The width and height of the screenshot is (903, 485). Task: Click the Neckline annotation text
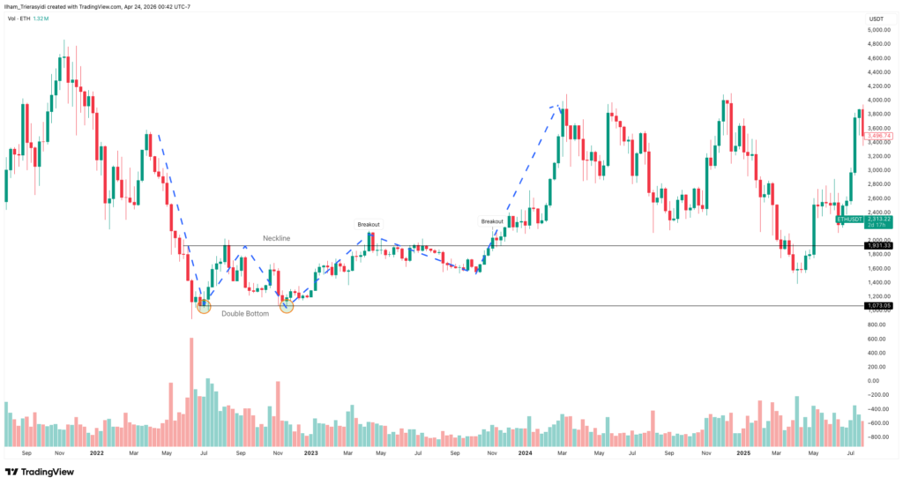point(277,238)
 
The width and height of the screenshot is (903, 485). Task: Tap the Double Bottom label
point(243,313)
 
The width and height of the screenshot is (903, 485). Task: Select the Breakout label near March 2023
point(369,224)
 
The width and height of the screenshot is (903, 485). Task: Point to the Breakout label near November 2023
point(492,220)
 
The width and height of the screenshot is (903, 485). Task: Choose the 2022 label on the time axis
point(96,453)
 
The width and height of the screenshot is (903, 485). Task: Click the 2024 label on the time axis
point(525,453)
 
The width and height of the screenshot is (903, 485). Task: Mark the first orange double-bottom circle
point(204,305)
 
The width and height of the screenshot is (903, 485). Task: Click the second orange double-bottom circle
point(287,305)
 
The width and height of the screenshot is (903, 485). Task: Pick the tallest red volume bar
point(191,392)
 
